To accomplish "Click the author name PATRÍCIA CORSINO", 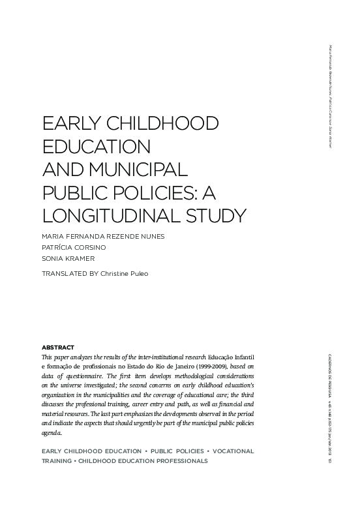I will (74, 248).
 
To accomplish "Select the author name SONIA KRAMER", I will (68, 259).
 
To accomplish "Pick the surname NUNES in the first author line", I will (149, 236).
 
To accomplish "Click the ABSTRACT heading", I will (57, 347).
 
